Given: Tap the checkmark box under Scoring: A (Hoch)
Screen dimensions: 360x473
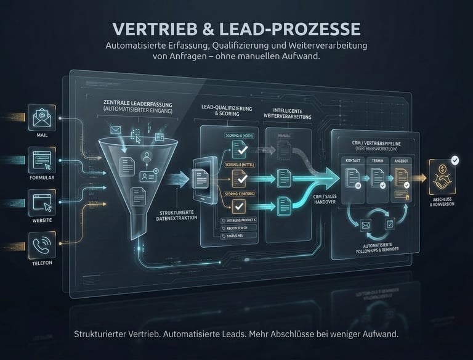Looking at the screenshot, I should point(239,148).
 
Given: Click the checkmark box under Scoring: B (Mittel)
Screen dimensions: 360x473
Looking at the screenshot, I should point(239,178).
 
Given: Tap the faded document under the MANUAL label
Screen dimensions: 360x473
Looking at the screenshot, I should point(284,149).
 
